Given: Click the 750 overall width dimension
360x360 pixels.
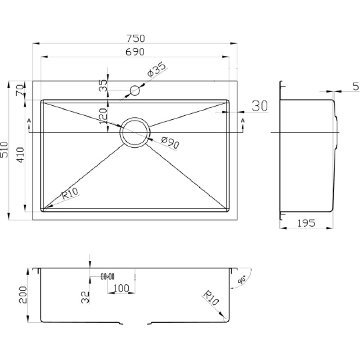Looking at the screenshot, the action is point(136,38).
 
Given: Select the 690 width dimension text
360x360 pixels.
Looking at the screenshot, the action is point(135,52).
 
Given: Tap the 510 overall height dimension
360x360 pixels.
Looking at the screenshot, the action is point(4,150).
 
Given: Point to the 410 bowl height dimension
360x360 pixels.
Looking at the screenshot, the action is point(20,155).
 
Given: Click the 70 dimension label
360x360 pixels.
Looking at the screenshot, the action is point(20,90).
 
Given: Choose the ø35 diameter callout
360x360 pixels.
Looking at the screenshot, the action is point(156,69).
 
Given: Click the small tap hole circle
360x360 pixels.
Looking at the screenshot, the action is point(135,90).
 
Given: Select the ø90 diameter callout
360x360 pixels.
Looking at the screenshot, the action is point(170,142).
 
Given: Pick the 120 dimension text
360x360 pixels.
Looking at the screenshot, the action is point(103,116).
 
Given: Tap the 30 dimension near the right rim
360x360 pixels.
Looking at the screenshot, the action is point(260,106).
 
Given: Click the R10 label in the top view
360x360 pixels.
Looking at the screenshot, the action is point(70,193).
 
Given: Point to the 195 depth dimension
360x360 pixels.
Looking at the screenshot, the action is point(306,223).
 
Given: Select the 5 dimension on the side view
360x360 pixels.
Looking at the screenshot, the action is point(355,86).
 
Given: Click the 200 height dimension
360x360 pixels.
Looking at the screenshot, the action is point(23,295).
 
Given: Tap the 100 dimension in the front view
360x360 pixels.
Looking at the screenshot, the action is point(121,288).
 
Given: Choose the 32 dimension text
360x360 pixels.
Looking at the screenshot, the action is point(85,297).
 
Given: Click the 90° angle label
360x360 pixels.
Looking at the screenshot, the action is point(242,280).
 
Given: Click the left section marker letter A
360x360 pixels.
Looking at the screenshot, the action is point(29,120).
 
